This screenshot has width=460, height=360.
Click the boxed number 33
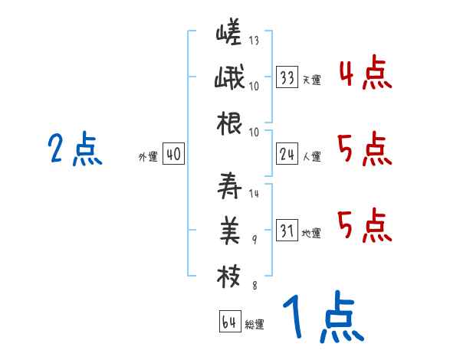tap(287, 77)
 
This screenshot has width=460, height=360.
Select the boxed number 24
tap(287, 155)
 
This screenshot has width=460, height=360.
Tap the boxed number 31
tap(287, 231)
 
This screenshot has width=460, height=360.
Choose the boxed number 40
tap(173, 155)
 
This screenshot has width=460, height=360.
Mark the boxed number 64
tap(228, 322)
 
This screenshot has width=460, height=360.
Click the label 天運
tap(311, 80)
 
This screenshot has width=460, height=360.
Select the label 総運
tap(255, 324)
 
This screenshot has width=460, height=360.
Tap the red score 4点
tap(364, 74)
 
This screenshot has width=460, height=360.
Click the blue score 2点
tap(75, 149)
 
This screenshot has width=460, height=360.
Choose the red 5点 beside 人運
tap(364, 149)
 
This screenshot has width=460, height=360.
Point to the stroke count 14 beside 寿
tap(254, 193)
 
